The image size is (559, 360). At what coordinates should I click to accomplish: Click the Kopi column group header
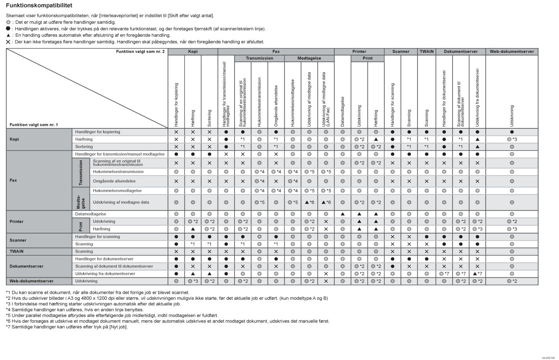(193, 52)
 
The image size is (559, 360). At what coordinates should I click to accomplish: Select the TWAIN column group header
(427, 52)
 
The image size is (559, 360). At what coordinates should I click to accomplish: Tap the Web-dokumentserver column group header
(512, 52)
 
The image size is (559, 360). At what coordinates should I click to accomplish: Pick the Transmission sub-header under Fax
(259, 58)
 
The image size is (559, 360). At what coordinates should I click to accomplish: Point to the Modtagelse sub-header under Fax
(309, 58)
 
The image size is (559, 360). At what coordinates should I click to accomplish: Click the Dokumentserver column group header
(460, 52)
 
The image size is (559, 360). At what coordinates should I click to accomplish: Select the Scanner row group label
(18, 240)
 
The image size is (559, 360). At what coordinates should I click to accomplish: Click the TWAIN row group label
(17, 251)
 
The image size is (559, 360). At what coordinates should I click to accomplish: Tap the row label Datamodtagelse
(91, 214)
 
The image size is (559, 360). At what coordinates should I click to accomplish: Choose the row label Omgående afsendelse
(114, 181)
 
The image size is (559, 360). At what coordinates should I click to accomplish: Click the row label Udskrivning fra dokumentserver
(105, 274)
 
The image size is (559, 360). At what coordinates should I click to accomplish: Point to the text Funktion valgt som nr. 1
(34, 125)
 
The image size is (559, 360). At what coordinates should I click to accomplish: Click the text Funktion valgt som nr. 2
(140, 52)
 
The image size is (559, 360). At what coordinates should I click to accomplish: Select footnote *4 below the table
(75, 310)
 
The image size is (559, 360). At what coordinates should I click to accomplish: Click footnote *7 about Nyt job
(67, 327)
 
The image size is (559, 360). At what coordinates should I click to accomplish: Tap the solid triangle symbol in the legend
(8, 35)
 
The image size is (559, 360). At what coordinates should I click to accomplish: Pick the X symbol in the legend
(8, 42)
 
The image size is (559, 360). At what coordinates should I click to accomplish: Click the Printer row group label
(17, 222)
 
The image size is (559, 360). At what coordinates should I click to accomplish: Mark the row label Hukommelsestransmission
(118, 172)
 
